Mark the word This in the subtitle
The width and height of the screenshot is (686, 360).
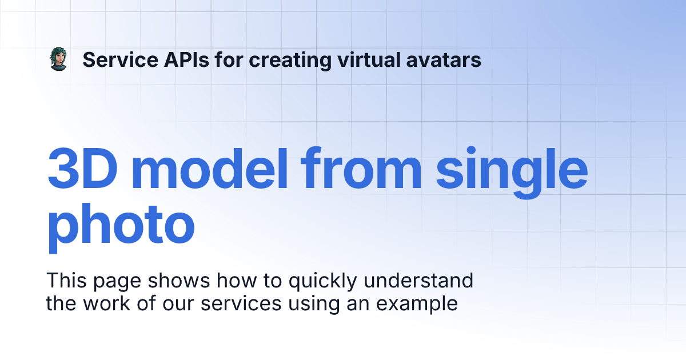65,281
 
